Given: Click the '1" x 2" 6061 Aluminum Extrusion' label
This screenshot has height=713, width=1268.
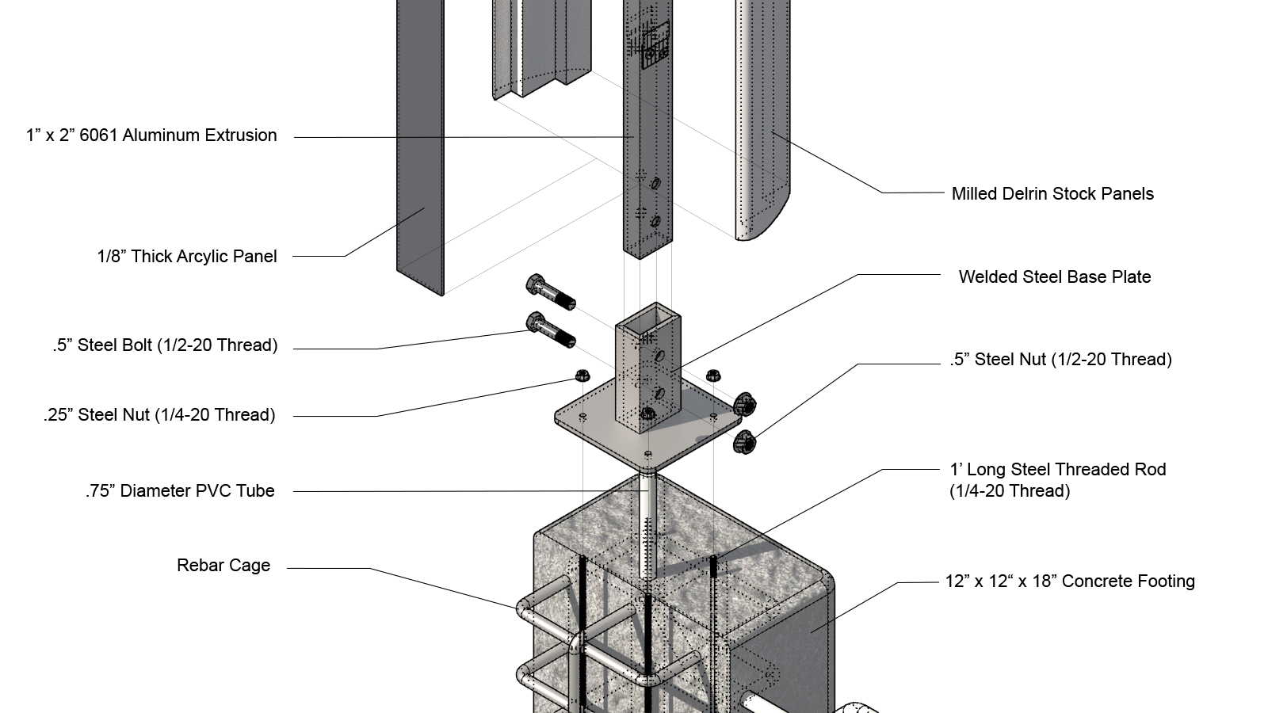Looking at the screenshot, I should click(151, 135).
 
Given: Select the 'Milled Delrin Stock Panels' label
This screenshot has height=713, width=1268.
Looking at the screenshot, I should click(1052, 194).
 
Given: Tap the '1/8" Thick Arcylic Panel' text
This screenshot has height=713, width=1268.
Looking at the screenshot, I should click(187, 257).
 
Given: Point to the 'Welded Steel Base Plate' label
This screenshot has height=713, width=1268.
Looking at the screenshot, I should click(1054, 277).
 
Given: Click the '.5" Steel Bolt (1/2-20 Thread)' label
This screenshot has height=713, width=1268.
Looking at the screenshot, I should click(165, 345).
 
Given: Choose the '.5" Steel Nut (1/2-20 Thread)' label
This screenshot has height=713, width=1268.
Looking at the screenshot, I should click(1060, 360).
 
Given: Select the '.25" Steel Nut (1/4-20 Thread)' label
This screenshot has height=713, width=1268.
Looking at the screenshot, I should click(159, 415).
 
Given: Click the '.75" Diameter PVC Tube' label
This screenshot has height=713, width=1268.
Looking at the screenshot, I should click(181, 491).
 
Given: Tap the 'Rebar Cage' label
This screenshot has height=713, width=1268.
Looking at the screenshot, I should click(223, 566).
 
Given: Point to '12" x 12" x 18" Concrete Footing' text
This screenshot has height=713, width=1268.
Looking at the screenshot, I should click(1069, 581).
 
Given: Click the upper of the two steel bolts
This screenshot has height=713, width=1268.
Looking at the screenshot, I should click(549, 292).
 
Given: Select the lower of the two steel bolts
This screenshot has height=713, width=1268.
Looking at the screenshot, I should click(550, 330).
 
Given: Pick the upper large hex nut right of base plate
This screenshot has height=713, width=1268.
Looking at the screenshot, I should click(743, 404).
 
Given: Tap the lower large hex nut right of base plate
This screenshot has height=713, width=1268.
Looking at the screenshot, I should click(744, 442).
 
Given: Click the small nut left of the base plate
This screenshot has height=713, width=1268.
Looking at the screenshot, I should click(581, 375).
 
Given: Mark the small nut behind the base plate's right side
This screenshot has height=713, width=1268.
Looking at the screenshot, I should click(712, 374).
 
